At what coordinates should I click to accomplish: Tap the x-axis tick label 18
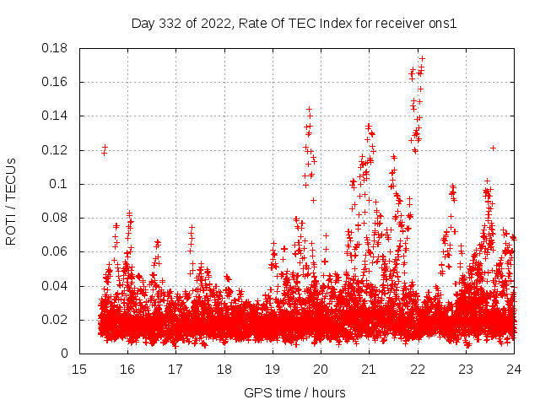coord(224,370)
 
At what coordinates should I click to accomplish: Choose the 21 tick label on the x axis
coord(369,370)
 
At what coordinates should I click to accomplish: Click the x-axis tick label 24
coord(514,370)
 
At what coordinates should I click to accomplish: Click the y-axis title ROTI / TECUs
coord(12,201)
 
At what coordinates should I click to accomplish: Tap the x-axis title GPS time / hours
coord(294,392)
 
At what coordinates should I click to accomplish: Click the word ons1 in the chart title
coord(444,24)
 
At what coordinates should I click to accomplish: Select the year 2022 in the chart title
coord(218,24)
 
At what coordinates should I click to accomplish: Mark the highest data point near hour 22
coord(422,59)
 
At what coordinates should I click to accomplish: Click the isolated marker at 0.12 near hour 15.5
coord(105,148)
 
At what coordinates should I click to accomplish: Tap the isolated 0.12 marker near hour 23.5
coord(493,148)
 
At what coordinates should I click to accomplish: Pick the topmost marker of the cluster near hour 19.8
coord(309,109)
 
